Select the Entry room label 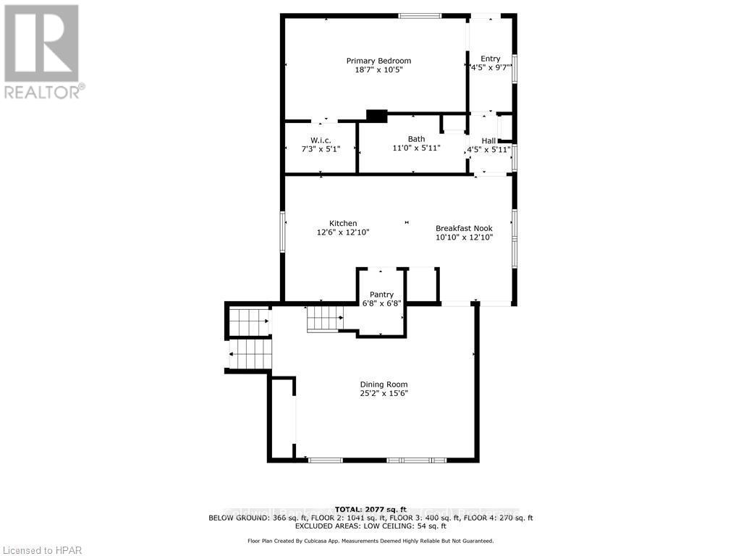click(x=490, y=59)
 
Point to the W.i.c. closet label click(x=321, y=140)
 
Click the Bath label click(x=416, y=139)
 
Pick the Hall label click(x=489, y=140)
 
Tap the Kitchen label click(x=343, y=223)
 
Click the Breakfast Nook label click(x=464, y=228)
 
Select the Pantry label click(x=381, y=294)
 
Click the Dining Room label click(x=384, y=384)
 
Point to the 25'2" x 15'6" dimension click(x=384, y=394)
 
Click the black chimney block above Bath click(x=377, y=115)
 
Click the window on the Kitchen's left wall click(x=283, y=232)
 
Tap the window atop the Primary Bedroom click(x=420, y=16)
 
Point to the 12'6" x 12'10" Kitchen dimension click(x=343, y=233)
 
